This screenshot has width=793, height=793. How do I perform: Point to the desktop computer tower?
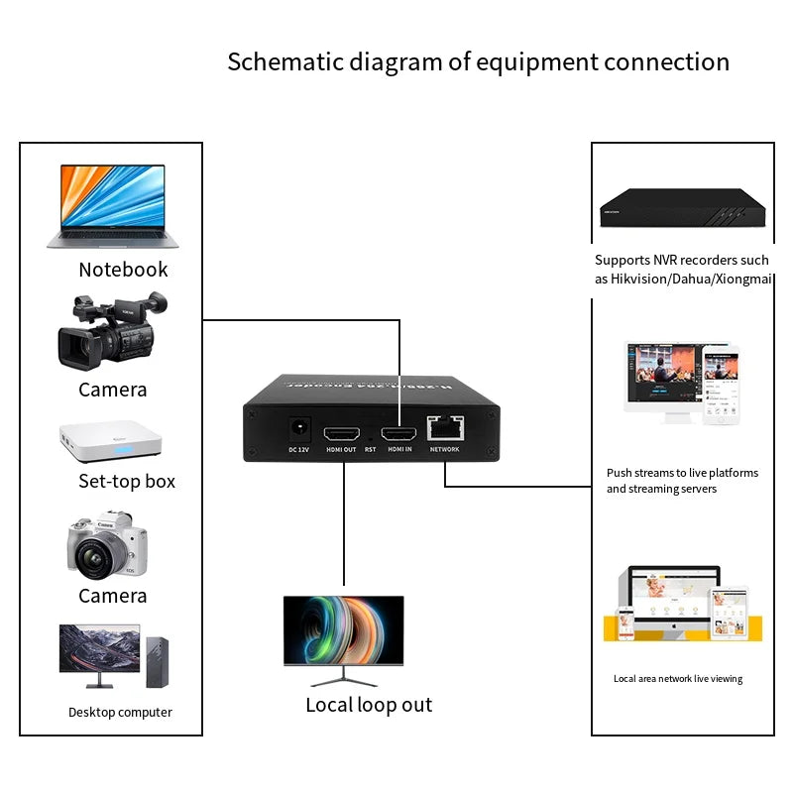157,660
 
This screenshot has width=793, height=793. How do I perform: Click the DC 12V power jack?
299,430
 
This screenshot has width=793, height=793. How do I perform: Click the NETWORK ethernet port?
444,428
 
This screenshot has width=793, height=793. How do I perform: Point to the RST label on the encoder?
370,449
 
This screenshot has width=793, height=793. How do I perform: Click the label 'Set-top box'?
127,481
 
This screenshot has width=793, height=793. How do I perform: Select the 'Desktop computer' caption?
120,712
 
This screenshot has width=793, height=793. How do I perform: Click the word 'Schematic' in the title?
280,61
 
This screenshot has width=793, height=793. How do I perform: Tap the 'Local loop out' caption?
369,705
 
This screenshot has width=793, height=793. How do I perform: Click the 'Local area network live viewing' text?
678,679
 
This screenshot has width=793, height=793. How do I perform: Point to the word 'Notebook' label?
123,270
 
